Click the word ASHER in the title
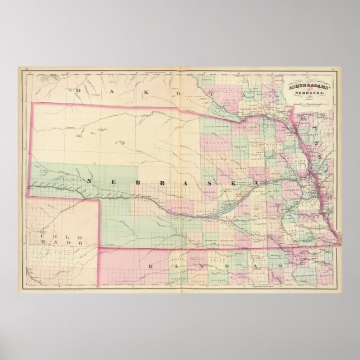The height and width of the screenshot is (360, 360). click(x=293, y=87)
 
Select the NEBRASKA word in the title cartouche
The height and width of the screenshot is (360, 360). click(x=306, y=93)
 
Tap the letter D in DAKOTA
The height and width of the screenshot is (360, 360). click(x=79, y=89)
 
